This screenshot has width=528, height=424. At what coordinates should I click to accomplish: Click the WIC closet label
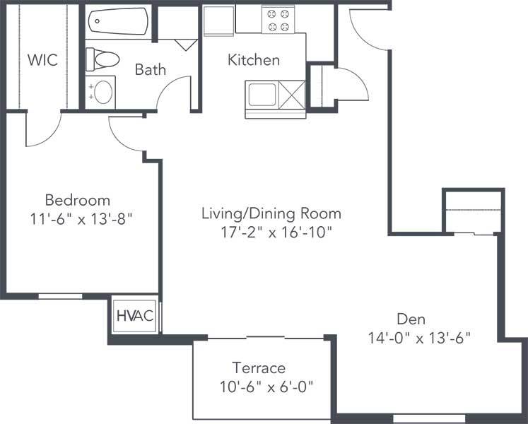point(42,59)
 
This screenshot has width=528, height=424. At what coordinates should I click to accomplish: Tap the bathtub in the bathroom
point(117,21)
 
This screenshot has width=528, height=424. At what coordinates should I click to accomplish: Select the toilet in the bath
point(99,59)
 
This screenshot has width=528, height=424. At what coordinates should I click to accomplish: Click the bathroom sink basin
point(103,92)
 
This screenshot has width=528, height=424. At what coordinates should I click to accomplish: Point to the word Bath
point(151,69)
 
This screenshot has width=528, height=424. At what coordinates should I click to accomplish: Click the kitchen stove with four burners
point(276,20)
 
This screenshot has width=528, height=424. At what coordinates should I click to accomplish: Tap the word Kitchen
point(253,60)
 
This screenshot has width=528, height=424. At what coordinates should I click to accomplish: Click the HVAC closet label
point(135,316)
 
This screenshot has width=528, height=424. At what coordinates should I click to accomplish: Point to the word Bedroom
point(78,199)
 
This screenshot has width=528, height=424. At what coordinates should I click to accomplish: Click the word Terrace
point(259,368)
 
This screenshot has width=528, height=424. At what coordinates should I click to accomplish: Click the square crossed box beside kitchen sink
point(292,94)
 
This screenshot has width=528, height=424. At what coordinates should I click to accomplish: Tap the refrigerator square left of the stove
point(219,20)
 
